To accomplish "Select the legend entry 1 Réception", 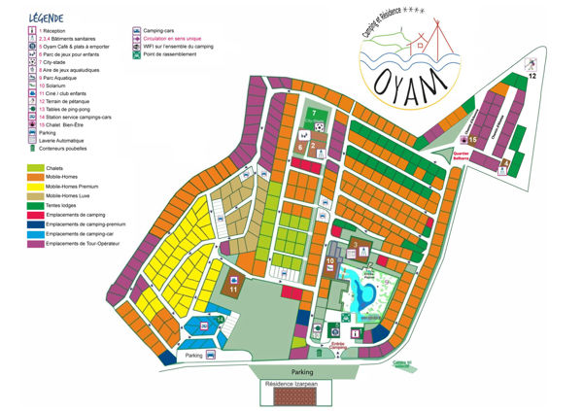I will [x=57, y=32].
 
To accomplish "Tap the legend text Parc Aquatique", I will [x=61, y=79].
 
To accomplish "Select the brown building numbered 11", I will [x=234, y=285].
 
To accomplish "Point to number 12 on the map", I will [x=532, y=75].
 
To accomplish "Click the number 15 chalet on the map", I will [x=473, y=140].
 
